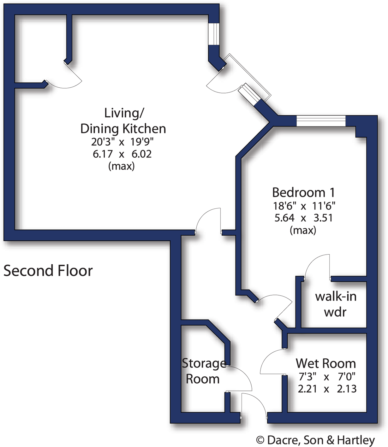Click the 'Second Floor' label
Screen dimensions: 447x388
click(48, 271)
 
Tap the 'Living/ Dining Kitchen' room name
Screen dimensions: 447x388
click(123, 121)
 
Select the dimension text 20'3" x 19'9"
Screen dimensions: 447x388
click(122, 142)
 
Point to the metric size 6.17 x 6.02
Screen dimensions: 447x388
click(122, 154)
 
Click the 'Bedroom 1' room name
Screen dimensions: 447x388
click(303, 192)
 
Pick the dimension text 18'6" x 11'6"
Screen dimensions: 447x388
click(304, 206)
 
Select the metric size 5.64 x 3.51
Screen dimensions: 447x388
click(303, 218)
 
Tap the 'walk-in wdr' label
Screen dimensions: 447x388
click(335, 304)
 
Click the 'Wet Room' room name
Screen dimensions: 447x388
click(325, 363)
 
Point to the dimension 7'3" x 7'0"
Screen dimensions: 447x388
click(327, 376)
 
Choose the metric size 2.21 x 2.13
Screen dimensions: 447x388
click(327, 389)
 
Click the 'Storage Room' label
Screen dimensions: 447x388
click(203, 371)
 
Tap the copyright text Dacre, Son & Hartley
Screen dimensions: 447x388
click(315, 440)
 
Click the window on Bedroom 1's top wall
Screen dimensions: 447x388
click(321, 121)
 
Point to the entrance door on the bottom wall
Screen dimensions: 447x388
click(254, 405)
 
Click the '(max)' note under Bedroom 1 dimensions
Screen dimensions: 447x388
click(303, 230)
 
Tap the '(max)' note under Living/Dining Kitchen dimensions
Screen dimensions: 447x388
click(122, 166)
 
